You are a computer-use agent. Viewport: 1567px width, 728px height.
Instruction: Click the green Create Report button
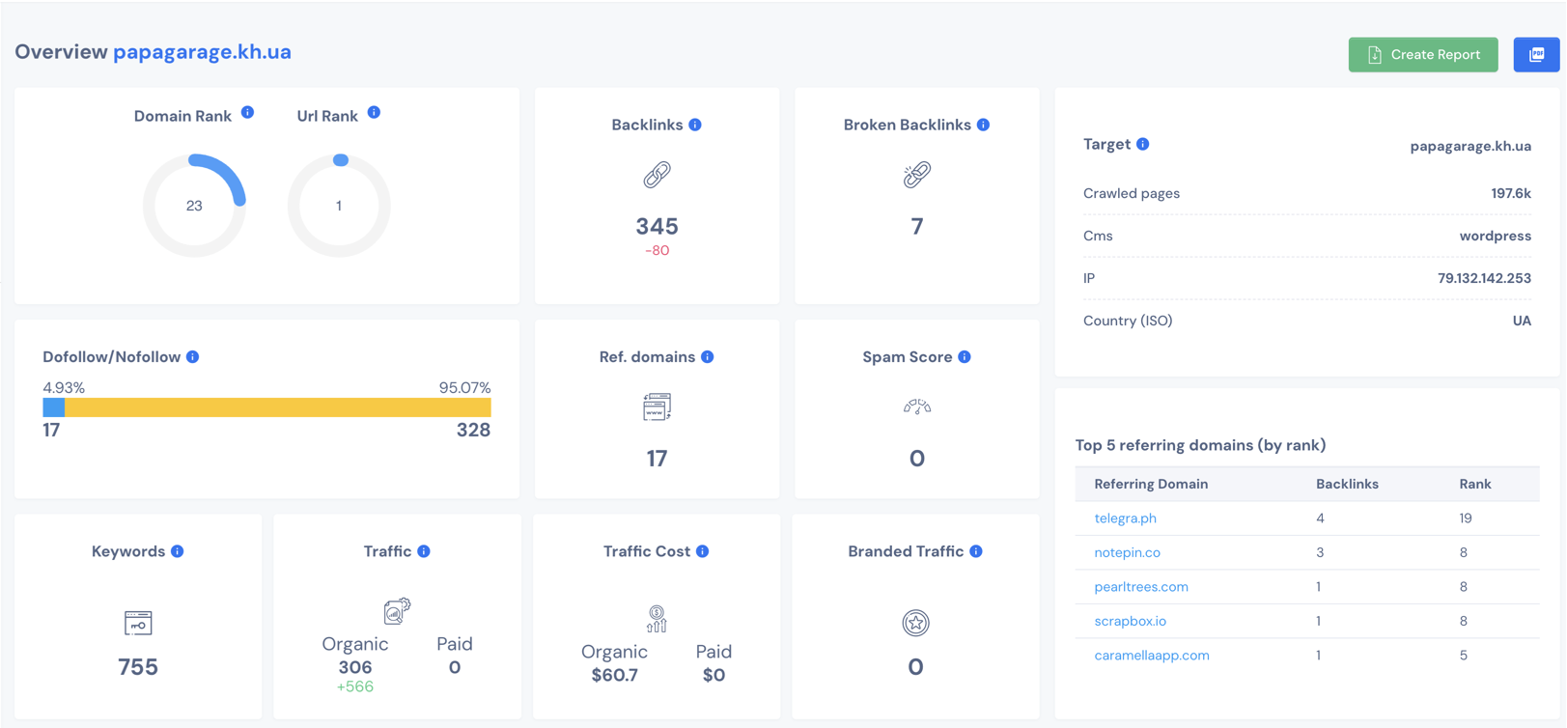pyautogui.click(x=1422, y=55)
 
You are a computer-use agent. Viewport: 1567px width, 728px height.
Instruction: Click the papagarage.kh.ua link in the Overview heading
pyautogui.click(x=202, y=52)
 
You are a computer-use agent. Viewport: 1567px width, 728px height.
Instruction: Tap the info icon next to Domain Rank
pyautogui.click(x=248, y=113)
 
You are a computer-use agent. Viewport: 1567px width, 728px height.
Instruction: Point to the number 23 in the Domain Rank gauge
pyautogui.click(x=194, y=206)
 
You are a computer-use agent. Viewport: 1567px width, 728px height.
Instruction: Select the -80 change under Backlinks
pyautogui.click(x=657, y=250)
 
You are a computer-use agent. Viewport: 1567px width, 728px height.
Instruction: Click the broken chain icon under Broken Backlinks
pyautogui.click(x=916, y=175)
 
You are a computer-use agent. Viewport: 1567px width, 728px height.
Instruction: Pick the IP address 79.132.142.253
pyautogui.click(x=1483, y=278)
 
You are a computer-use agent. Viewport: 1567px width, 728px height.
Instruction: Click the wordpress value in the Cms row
pyautogui.click(x=1495, y=236)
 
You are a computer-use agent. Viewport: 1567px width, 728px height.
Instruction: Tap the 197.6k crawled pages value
pyautogui.click(x=1510, y=193)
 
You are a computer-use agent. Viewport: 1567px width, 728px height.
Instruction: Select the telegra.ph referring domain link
pyautogui.click(x=1125, y=518)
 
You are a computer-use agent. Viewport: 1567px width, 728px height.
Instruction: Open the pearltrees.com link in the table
pyautogui.click(x=1140, y=587)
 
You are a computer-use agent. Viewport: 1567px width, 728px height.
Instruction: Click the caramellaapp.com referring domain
pyautogui.click(x=1151, y=656)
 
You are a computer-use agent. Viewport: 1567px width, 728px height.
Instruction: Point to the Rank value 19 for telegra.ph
pyautogui.click(x=1466, y=518)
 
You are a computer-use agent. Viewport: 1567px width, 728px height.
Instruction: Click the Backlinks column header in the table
pyautogui.click(x=1347, y=484)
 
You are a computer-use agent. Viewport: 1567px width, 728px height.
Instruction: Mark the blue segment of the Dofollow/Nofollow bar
pyautogui.click(x=54, y=408)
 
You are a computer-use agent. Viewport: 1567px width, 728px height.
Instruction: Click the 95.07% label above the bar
pyautogui.click(x=464, y=387)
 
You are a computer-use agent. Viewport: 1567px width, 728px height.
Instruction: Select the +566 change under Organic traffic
pyautogui.click(x=354, y=686)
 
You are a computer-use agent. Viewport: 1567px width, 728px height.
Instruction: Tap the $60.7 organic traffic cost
pyautogui.click(x=614, y=675)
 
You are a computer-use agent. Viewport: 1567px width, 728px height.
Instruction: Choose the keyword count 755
pyautogui.click(x=138, y=667)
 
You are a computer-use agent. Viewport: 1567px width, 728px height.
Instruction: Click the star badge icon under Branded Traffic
pyautogui.click(x=915, y=623)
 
